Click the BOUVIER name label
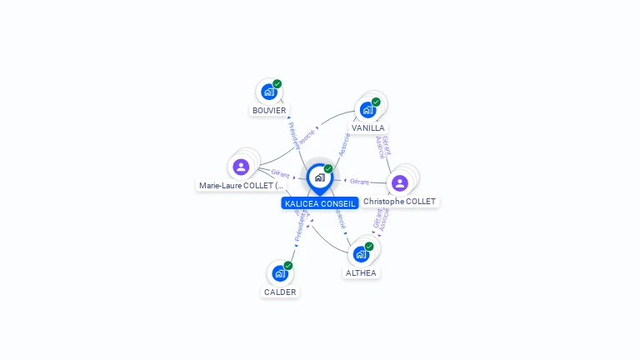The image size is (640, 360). [269, 110]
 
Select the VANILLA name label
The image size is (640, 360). [367, 128]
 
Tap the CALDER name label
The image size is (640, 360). [280, 292]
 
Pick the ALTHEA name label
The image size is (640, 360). [361, 272]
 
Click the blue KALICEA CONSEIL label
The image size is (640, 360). [320, 203]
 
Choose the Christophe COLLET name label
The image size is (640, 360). [400, 202]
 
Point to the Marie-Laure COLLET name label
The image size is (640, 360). [242, 185]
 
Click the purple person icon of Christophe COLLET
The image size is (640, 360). [400, 182]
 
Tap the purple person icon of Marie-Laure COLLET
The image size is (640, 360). [242, 166]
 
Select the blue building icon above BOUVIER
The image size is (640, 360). [268, 92]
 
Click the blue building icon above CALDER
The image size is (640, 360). [279, 273]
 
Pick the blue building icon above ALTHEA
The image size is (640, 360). [361, 254]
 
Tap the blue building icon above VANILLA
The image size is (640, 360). [367, 110]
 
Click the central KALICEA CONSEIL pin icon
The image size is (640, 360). [319, 177]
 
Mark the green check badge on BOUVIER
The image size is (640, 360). [277, 84]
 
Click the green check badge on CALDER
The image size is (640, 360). [288, 266]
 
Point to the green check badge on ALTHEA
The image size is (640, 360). [369, 247]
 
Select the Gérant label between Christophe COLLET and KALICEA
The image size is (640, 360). [360, 181]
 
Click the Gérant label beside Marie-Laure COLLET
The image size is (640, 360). [280, 174]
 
